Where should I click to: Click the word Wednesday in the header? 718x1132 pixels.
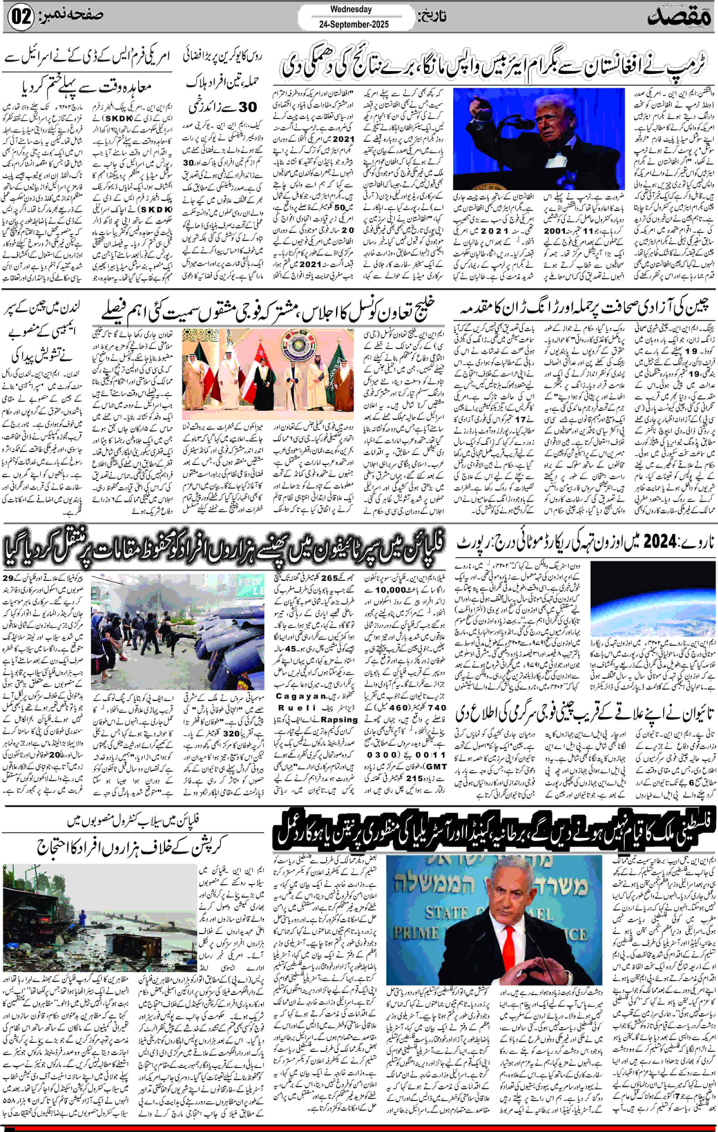[x=351, y=9]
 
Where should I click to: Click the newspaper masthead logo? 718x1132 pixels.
[x=680, y=18]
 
